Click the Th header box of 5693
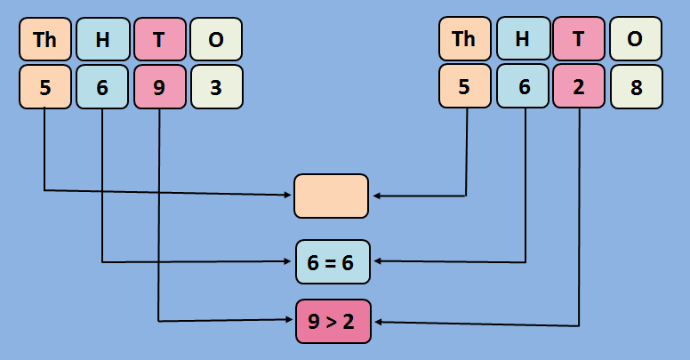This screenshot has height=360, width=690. (45, 39)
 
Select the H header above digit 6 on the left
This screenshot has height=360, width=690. (102, 39)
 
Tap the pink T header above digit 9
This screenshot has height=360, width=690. (159, 39)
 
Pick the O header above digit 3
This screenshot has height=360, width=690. (216, 39)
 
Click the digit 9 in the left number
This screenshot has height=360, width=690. (159, 87)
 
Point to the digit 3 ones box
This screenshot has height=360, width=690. (216, 87)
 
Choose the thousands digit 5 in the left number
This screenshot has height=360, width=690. (45, 87)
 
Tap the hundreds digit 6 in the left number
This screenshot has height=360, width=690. (102, 87)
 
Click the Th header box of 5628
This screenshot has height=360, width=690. (464, 39)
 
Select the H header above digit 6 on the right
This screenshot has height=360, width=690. (522, 39)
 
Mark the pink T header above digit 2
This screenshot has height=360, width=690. (579, 39)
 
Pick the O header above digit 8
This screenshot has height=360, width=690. (636, 39)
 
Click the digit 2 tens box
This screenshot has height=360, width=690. (579, 87)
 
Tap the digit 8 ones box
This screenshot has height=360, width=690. (636, 87)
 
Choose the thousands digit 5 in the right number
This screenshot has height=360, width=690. (464, 87)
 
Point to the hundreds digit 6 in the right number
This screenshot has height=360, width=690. (522, 87)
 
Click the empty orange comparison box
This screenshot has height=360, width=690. (331, 196)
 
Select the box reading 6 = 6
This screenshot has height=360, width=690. (332, 262)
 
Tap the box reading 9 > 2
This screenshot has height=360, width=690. (332, 321)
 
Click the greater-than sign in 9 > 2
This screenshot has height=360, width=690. (331, 322)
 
